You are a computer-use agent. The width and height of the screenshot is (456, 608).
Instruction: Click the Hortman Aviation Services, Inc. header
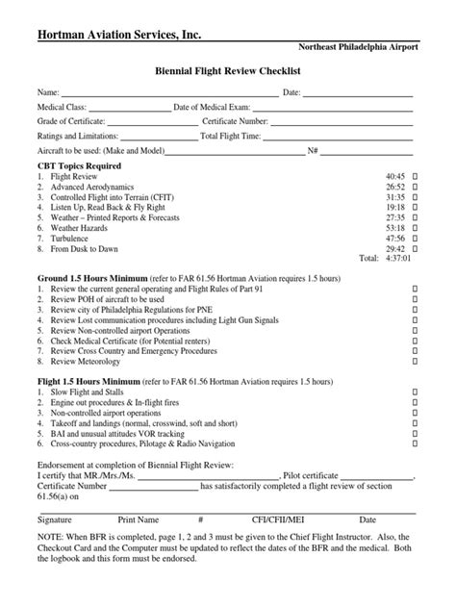pyautogui.click(x=119, y=36)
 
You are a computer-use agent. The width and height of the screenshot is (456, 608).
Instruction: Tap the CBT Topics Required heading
pyautogui.click(x=78, y=165)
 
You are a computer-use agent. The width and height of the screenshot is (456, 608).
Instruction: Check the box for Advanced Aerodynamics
pyautogui.click(x=415, y=188)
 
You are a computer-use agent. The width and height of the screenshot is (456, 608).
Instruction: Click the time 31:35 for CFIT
pyautogui.click(x=394, y=197)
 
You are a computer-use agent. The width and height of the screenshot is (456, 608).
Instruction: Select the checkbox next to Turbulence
pyautogui.click(x=415, y=238)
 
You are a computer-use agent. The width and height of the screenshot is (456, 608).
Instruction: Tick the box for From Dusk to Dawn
pyautogui.click(x=415, y=248)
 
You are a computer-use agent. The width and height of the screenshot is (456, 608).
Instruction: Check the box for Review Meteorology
pyautogui.click(x=415, y=362)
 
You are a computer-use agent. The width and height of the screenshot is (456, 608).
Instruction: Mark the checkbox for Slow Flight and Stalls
pyautogui.click(x=415, y=393)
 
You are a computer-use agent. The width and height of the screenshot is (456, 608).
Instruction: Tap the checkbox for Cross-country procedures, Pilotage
pyautogui.click(x=415, y=443)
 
